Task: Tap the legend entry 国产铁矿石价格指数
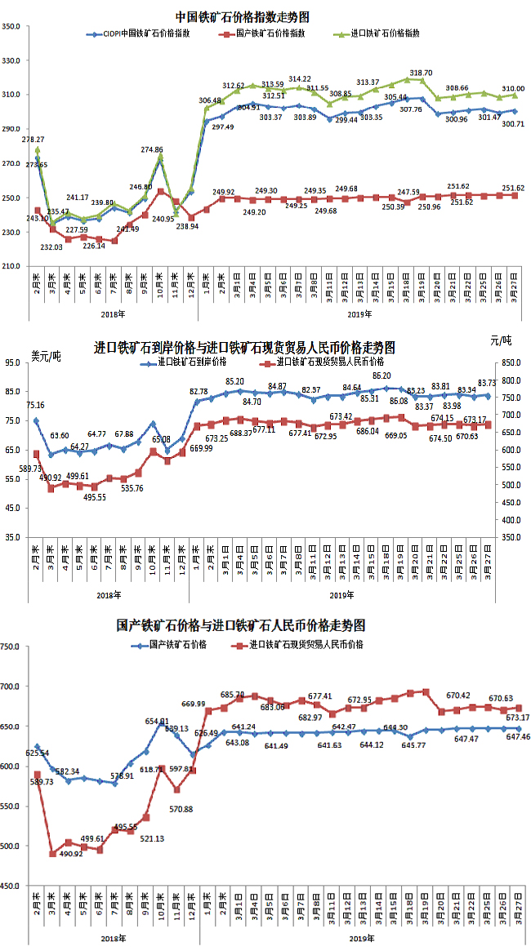270,33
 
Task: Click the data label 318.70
421,73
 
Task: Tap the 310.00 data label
513,88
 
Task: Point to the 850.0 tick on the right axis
514,362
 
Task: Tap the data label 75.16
35,405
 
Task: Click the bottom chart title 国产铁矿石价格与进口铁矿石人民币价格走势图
242,626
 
